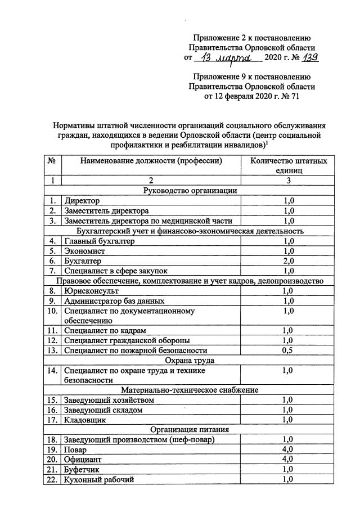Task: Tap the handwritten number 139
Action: point(309,57)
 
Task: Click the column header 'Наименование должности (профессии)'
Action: point(151,161)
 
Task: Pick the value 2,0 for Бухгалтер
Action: point(288,261)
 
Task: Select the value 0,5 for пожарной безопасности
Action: point(288,350)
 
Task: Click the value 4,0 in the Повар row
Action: point(288,450)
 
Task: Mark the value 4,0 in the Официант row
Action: point(288,460)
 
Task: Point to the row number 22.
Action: point(52,479)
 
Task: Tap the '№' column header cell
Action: point(52,161)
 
